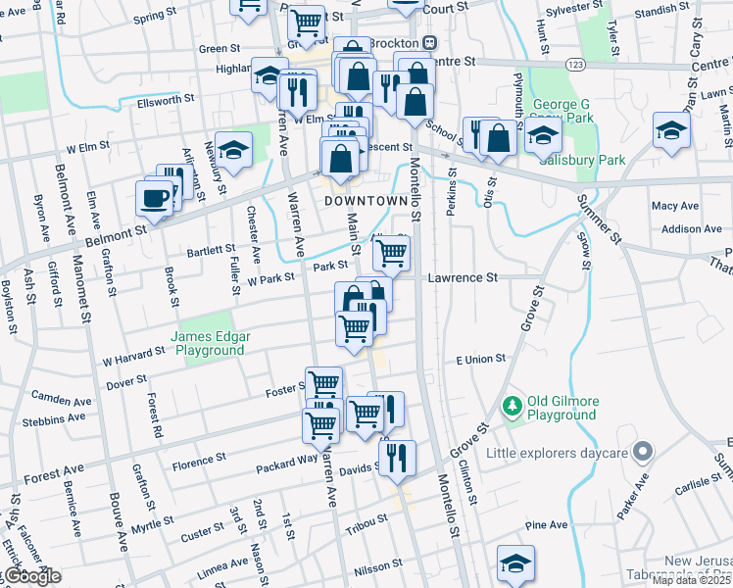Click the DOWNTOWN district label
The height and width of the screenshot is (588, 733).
click(365, 200)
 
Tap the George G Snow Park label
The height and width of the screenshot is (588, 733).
click(562, 111)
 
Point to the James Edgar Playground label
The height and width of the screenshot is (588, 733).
click(211, 343)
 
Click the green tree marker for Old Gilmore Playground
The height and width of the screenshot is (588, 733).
click(510, 405)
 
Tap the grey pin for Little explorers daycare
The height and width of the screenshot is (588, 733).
click(642, 452)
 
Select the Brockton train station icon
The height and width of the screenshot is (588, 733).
click(429, 44)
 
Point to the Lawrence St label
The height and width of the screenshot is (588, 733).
click(463, 278)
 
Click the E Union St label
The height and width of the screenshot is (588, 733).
click(480, 360)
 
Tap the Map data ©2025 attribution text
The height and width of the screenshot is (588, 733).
click(692, 581)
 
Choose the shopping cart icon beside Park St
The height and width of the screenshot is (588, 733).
click(391, 253)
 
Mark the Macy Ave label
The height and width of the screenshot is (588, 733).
click(674, 206)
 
